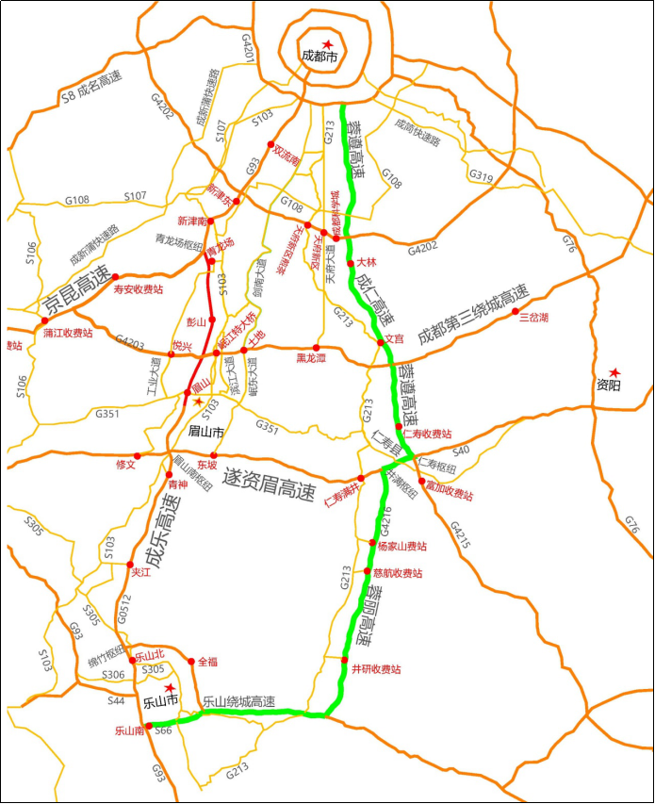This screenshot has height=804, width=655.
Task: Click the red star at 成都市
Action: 327,44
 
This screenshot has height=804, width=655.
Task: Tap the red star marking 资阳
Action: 615,372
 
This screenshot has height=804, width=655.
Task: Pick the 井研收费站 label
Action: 376,669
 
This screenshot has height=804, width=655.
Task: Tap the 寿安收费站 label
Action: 138,289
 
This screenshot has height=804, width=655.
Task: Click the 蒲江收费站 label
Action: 68,333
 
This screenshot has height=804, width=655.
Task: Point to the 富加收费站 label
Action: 449,494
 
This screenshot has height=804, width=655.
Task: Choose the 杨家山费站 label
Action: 401,546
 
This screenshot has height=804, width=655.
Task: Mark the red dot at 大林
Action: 351,263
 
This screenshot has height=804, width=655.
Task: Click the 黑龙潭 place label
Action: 311,358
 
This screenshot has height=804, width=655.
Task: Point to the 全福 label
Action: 207,662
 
